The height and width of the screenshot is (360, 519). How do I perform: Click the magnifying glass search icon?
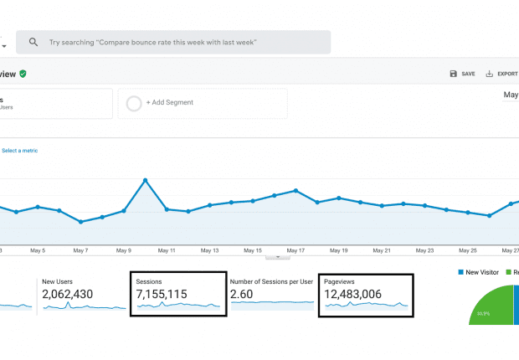[33, 42]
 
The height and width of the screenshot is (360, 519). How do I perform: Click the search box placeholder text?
[152, 42]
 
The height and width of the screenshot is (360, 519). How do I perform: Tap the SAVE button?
[462, 74]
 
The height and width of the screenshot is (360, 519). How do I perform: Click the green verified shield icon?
[23, 74]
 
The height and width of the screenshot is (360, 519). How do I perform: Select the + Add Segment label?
[170, 102]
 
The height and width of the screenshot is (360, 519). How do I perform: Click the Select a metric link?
[19, 151]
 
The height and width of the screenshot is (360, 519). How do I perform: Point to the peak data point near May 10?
[146, 180]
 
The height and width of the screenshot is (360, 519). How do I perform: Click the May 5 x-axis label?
[38, 250]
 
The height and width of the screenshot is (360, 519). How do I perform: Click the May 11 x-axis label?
[167, 250]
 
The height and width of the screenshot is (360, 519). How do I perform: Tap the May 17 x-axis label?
[295, 250]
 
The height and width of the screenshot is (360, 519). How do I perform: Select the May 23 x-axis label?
[425, 250]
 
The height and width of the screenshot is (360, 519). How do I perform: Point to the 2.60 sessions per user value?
[242, 294]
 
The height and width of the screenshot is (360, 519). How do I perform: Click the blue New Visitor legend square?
[461, 272]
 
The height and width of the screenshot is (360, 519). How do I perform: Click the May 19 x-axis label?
[339, 250]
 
